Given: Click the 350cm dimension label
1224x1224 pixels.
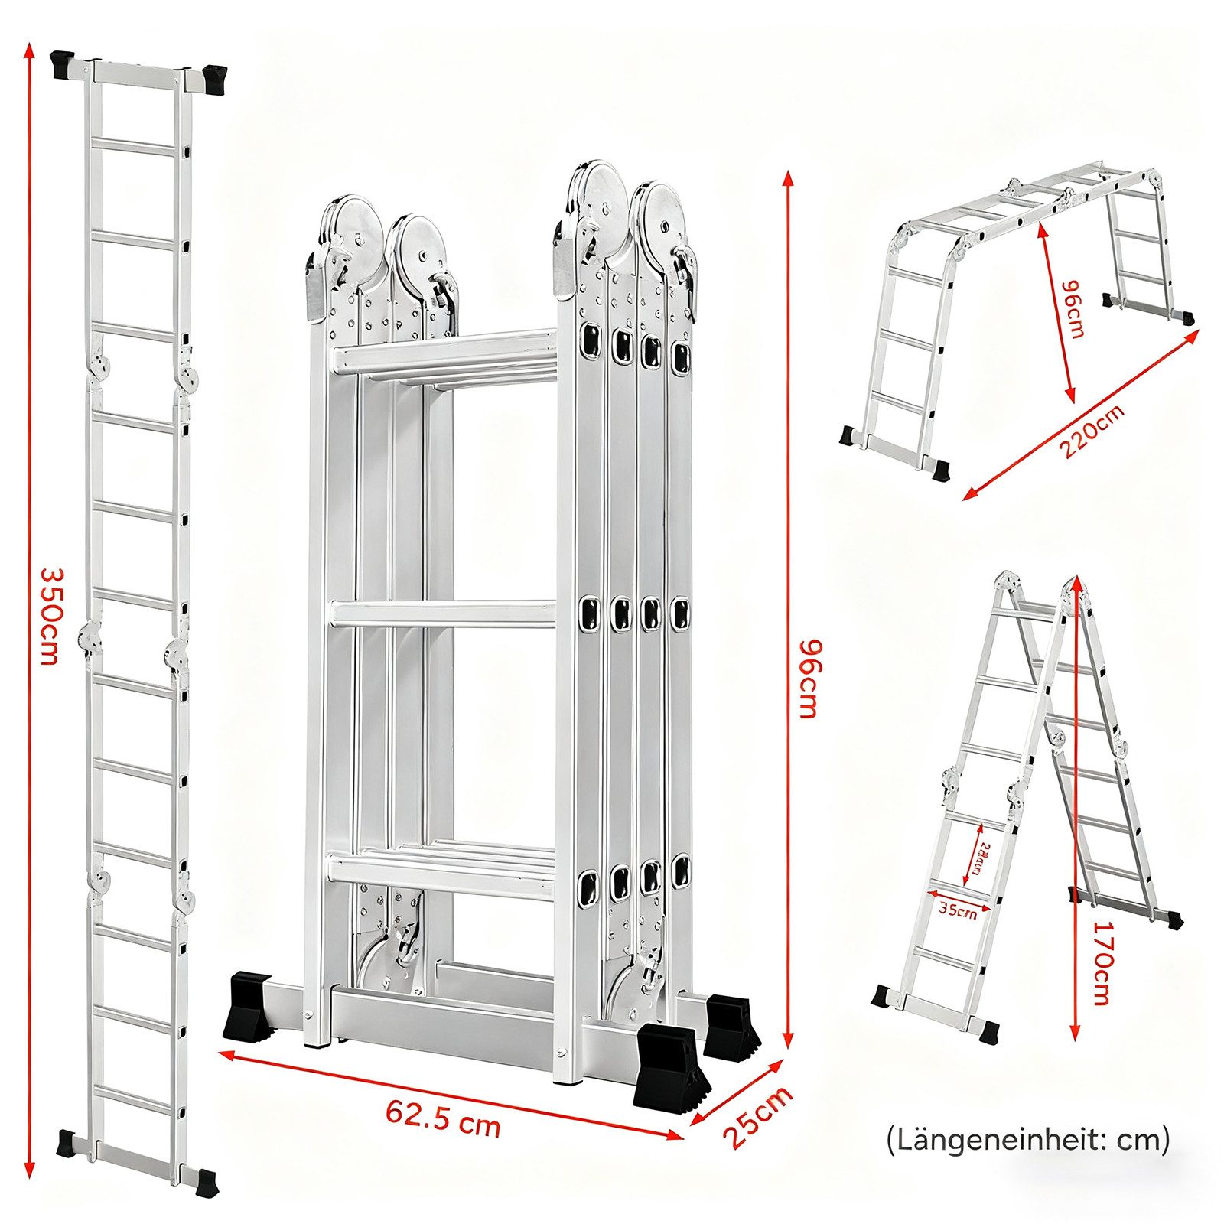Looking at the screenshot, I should (x=48, y=616).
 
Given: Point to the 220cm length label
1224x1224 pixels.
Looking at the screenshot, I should (x=1092, y=431).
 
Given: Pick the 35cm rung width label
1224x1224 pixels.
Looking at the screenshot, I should (x=958, y=910).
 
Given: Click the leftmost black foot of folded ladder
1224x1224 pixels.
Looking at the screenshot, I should (x=246, y=1004).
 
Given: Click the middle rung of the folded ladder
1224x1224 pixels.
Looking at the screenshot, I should (x=444, y=614).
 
